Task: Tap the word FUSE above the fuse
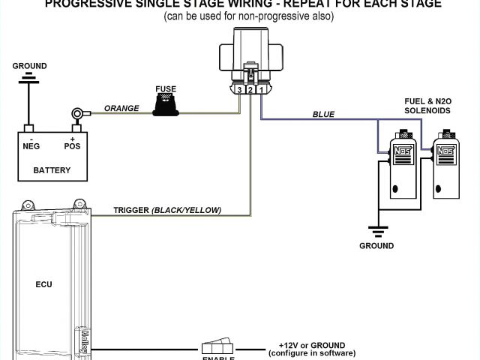click(x=166, y=89)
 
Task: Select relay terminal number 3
click(x=238, y=90)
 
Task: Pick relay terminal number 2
click(x=250, y=90)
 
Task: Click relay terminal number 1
click(x=259, y=90)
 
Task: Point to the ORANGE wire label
click(x=121, y=108)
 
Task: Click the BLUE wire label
click(x=323, y=114)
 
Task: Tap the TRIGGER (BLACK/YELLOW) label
click(x=167, y=210)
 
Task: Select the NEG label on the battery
click(x=31, y=146)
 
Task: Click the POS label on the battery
click(x=73, y=146)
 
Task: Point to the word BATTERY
click(x=52, y=170)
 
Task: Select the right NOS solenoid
click(x=448, y=165)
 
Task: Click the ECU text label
click(x=44, y=284)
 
